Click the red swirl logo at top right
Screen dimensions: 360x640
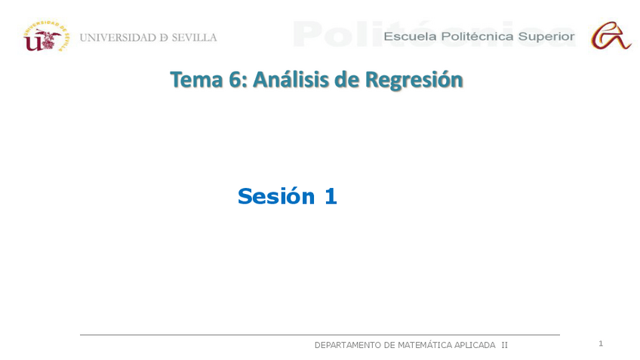[611, 35]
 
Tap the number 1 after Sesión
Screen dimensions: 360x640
[330, 196]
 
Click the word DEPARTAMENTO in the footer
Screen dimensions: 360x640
[347, 345]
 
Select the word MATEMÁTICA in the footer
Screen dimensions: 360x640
[424, 345]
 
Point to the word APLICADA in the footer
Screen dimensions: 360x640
[475, 345]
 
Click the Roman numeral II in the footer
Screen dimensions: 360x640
[504, 345]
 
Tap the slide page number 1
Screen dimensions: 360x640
[601, 343]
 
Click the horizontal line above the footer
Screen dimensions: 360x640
[319, 334]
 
